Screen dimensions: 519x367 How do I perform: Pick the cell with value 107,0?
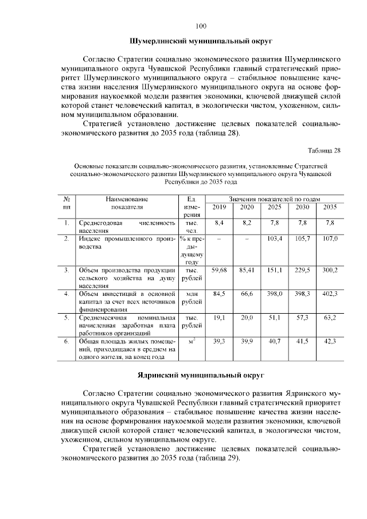click(330, 238)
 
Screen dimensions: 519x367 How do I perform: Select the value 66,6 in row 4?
click(247, 294)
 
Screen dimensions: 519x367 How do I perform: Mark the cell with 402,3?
click(330, 294)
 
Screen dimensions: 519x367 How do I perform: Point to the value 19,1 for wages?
click(219, 317)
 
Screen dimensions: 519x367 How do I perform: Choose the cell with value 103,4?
click(275, 238)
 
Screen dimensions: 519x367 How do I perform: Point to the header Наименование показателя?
click(126, 202)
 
